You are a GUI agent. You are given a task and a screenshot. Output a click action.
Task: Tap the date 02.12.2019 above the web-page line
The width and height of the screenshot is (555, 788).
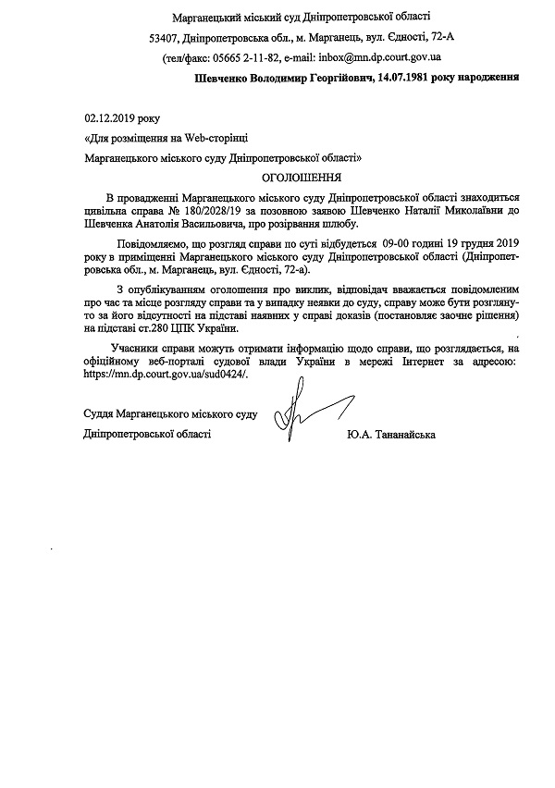[x=109, y=118]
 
